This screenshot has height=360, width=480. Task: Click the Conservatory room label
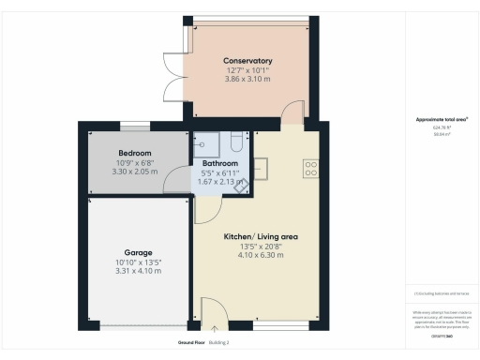(x=248, y=61)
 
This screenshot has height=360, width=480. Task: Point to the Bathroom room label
(x=221, y=163)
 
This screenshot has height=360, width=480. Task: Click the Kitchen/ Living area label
(x=260, y=237)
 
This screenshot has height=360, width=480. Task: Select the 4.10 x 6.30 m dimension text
(x=260, y=255)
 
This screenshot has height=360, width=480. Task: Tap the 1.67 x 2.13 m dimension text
(x=221, y=181)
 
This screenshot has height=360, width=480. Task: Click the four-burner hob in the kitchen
(x=310, y=169)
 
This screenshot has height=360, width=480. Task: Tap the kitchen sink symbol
(x=260, y=168)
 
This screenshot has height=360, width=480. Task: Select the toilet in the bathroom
(x=235, y=143)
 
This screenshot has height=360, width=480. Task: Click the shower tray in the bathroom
(x=206, y=142)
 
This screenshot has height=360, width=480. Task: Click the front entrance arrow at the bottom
(x=215, y=328)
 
